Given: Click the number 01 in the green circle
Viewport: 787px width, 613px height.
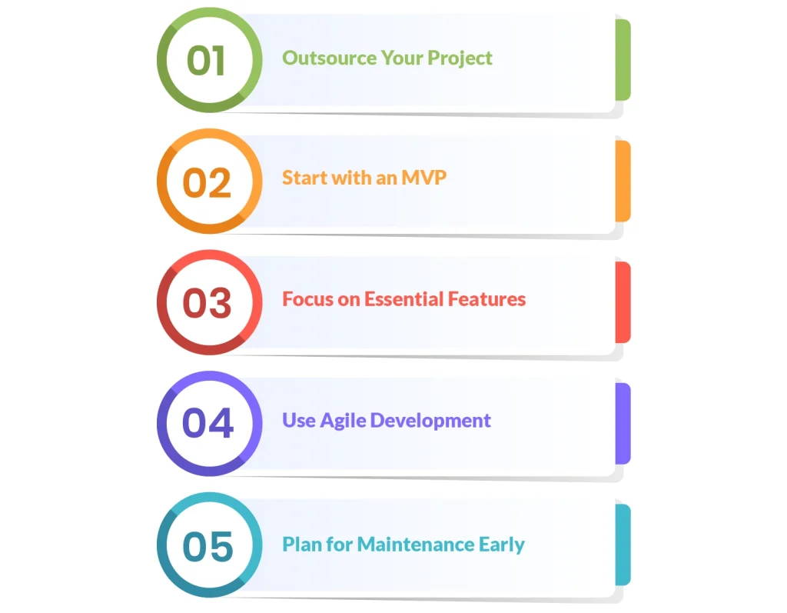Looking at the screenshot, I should (206, 61).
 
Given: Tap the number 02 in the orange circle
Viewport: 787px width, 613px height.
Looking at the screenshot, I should (207, 182).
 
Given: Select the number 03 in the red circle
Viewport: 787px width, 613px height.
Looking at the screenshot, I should (207, 303).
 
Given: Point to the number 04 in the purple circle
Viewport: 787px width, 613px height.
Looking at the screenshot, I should (208, 424).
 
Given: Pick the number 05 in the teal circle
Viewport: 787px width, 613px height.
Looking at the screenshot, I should (208, 546).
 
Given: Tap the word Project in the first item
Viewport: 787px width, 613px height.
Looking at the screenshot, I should (460, 58).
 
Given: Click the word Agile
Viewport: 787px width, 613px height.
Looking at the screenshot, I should (341, 421).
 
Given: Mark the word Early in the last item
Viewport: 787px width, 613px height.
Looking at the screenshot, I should (501, 545).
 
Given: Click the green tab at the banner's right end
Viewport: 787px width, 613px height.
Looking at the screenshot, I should (623, 60).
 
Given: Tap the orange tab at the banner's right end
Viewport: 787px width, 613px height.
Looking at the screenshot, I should (623, 181).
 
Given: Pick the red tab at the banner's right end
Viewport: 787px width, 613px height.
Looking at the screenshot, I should (623, 302).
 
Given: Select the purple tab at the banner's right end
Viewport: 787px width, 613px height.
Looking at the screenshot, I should (623, 424).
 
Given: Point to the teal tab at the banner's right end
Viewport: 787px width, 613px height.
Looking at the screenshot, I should (623, 545).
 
